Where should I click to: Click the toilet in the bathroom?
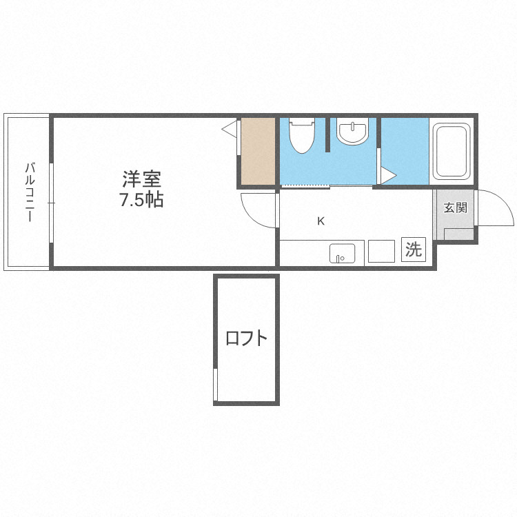[301, 136]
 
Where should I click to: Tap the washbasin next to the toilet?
[353, 132]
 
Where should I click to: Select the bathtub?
[451, 151]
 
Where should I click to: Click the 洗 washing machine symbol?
[413, 250]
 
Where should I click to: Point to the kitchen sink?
[342, 253]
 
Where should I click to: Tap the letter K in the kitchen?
[321, 221]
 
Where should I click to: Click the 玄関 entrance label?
[455, 207]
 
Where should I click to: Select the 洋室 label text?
[142, 179]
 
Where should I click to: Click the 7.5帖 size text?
[141, 201]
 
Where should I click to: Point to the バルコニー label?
[30, 191]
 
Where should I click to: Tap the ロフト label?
[246, 338]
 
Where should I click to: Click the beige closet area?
[258, 151]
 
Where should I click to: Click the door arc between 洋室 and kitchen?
[258, 211]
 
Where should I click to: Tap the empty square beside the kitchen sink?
[381, 251]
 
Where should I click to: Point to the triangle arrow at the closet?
[230, 128]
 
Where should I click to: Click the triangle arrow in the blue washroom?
[387, 175]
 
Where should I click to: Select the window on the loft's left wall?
[216, 385]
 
